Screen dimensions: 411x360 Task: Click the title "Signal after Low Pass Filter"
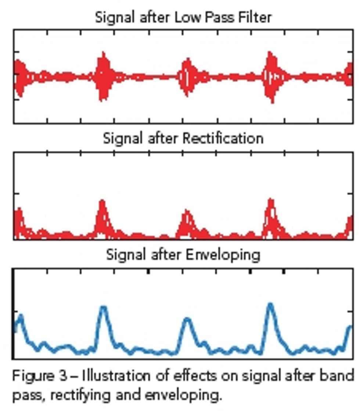click(183, 17)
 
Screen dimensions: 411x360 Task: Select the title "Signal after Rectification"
click(183, 139)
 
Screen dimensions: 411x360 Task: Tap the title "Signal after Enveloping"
click(183, 254)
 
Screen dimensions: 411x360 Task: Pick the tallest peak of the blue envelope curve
click(271, 305)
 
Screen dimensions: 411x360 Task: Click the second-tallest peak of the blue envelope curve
click(104, 308)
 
